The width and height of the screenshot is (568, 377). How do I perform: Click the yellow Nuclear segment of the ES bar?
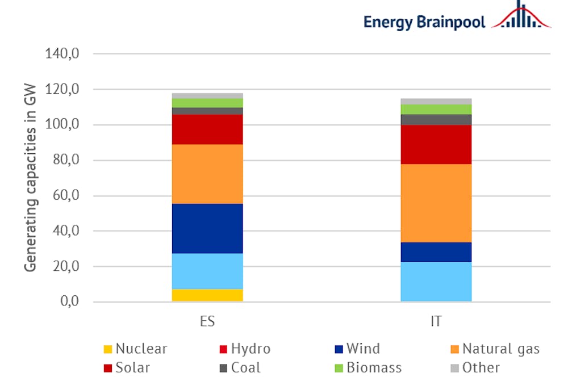207,295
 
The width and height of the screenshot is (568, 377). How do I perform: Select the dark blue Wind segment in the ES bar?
207,228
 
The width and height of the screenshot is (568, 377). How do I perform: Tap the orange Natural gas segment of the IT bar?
436,203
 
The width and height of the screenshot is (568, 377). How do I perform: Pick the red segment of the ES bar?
207,129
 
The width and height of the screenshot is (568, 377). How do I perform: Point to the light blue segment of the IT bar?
436,282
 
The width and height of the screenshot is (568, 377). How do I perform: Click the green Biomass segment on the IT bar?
436,109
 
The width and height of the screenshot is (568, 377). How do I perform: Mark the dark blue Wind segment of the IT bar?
436,252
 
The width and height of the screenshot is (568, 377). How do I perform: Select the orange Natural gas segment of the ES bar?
207,174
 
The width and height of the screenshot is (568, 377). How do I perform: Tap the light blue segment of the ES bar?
207,271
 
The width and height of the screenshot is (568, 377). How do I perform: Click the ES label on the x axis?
207,321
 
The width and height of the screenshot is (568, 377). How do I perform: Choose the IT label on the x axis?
436,321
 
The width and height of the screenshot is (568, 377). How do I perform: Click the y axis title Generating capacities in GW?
30,177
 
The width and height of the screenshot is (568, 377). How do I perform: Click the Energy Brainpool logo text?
425,22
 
